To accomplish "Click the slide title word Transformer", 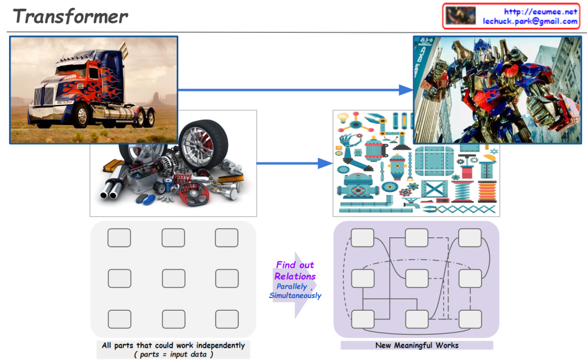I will (x=71, y=15).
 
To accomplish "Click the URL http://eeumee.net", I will (x=541, y=11).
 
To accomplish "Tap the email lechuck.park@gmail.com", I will (x=530, y=21).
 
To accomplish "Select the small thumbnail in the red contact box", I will (x=460, y=15).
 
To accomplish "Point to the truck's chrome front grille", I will (x=43, y=96).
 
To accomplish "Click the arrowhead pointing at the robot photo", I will (x=406, y=89).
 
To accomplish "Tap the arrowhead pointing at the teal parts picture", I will (x=326, y=164).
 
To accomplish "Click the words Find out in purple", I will (x=295, y=265).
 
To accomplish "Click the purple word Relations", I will (x=295, y=276).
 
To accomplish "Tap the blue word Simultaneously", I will (x=295, y=296).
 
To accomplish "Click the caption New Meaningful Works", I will (x=417, y=345).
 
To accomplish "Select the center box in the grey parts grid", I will (x=173, y=278).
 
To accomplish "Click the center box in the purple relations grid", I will (x=417, y=278).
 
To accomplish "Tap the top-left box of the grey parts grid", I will (x=119, y=237).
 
